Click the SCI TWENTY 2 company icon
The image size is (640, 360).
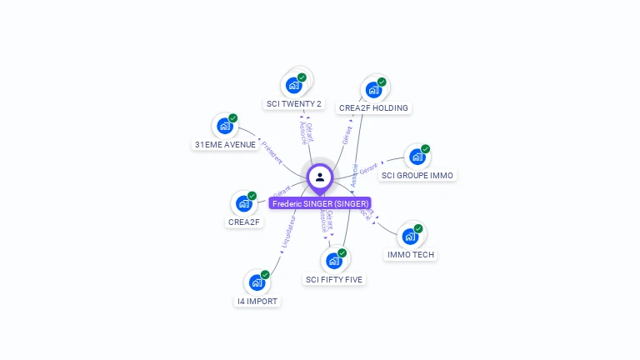coord(293,85)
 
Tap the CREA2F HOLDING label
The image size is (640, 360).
coord(373,108)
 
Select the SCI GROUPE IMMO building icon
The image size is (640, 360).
coord(417,157)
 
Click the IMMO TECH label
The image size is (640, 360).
coord(411,255)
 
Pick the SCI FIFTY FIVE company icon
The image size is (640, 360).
coord(333,261)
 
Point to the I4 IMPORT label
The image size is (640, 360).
coord(257,302)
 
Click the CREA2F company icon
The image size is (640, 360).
coord(243,203)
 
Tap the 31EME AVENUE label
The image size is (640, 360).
coord(225,145)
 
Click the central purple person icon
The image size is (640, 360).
coord(320,177)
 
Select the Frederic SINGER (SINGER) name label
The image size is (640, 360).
coord(320,203)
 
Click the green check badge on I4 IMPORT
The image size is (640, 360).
coord(265,275)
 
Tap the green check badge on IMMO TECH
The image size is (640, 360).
coord(418,228)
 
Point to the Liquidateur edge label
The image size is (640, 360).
coord(288,232)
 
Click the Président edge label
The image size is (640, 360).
coord(272,150)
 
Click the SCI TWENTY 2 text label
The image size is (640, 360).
coord(293,104)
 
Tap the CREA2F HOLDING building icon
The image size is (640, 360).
coord(373,90)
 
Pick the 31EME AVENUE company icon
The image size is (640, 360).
coord(224,127)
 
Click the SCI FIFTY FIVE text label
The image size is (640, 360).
coord(334,280)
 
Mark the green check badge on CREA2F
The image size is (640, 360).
coord(252,197)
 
